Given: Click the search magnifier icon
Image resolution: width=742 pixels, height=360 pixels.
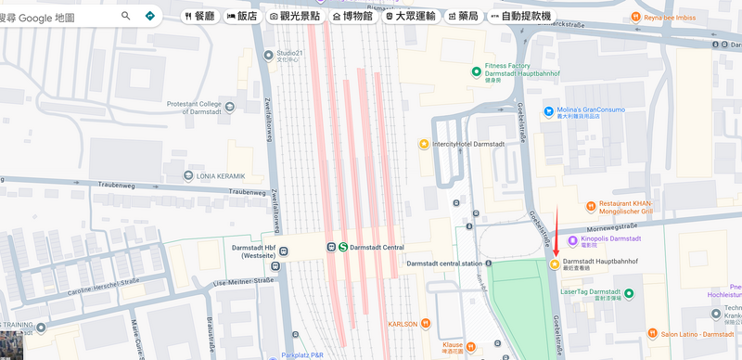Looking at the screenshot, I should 126,16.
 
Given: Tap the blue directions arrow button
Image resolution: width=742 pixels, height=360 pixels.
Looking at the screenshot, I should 150,16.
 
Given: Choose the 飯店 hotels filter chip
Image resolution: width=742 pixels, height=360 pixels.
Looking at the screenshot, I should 242,16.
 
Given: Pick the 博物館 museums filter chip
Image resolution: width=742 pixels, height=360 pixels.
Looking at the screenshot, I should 353,16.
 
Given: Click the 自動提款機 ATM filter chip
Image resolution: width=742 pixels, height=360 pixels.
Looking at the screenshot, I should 520,16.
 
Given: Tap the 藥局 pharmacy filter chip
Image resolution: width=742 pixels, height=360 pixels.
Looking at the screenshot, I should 462,16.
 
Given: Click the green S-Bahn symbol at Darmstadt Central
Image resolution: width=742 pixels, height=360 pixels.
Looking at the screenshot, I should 343,247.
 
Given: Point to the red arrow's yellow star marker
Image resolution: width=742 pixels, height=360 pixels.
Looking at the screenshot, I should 554,264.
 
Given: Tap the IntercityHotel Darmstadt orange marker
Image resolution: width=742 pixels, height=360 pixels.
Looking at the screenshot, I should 424,144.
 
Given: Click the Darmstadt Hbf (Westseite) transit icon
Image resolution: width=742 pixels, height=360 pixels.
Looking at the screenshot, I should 286,251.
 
